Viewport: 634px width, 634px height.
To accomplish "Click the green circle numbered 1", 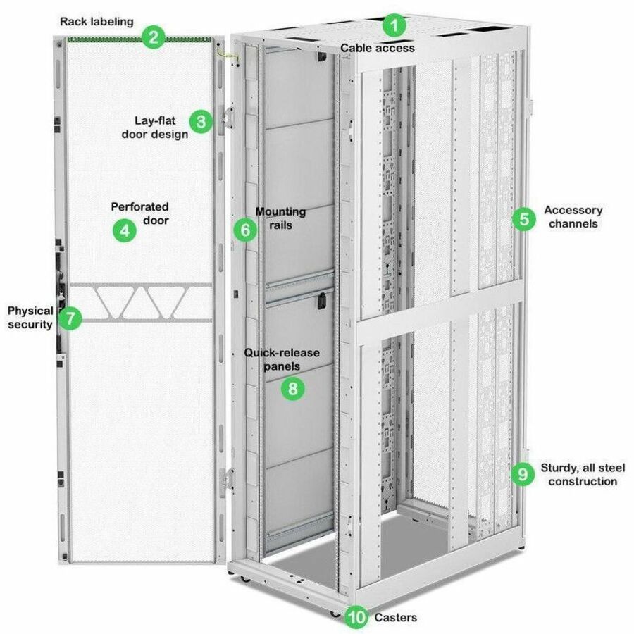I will (394, 27).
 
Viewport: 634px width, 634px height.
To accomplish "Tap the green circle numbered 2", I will (152, 37).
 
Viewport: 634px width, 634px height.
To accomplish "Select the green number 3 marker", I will (201, 120).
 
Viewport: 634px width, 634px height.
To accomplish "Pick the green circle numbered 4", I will (124, 230).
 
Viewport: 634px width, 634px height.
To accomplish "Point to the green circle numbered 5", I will (523, 218).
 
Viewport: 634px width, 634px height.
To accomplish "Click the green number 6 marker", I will (244, 230).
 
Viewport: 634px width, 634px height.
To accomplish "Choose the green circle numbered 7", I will (69, 318).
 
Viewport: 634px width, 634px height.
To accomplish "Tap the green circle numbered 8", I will (293, 388).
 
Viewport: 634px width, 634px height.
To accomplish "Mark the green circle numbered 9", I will (522, 473).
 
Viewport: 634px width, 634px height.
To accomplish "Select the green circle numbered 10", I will (357, 618).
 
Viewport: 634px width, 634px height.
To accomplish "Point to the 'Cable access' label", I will (378, 48).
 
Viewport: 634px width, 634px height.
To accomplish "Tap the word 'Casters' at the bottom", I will (395, 618).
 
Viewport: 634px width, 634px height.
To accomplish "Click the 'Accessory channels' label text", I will (573, 217).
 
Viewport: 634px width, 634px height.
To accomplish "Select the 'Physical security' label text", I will (30, 317).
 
